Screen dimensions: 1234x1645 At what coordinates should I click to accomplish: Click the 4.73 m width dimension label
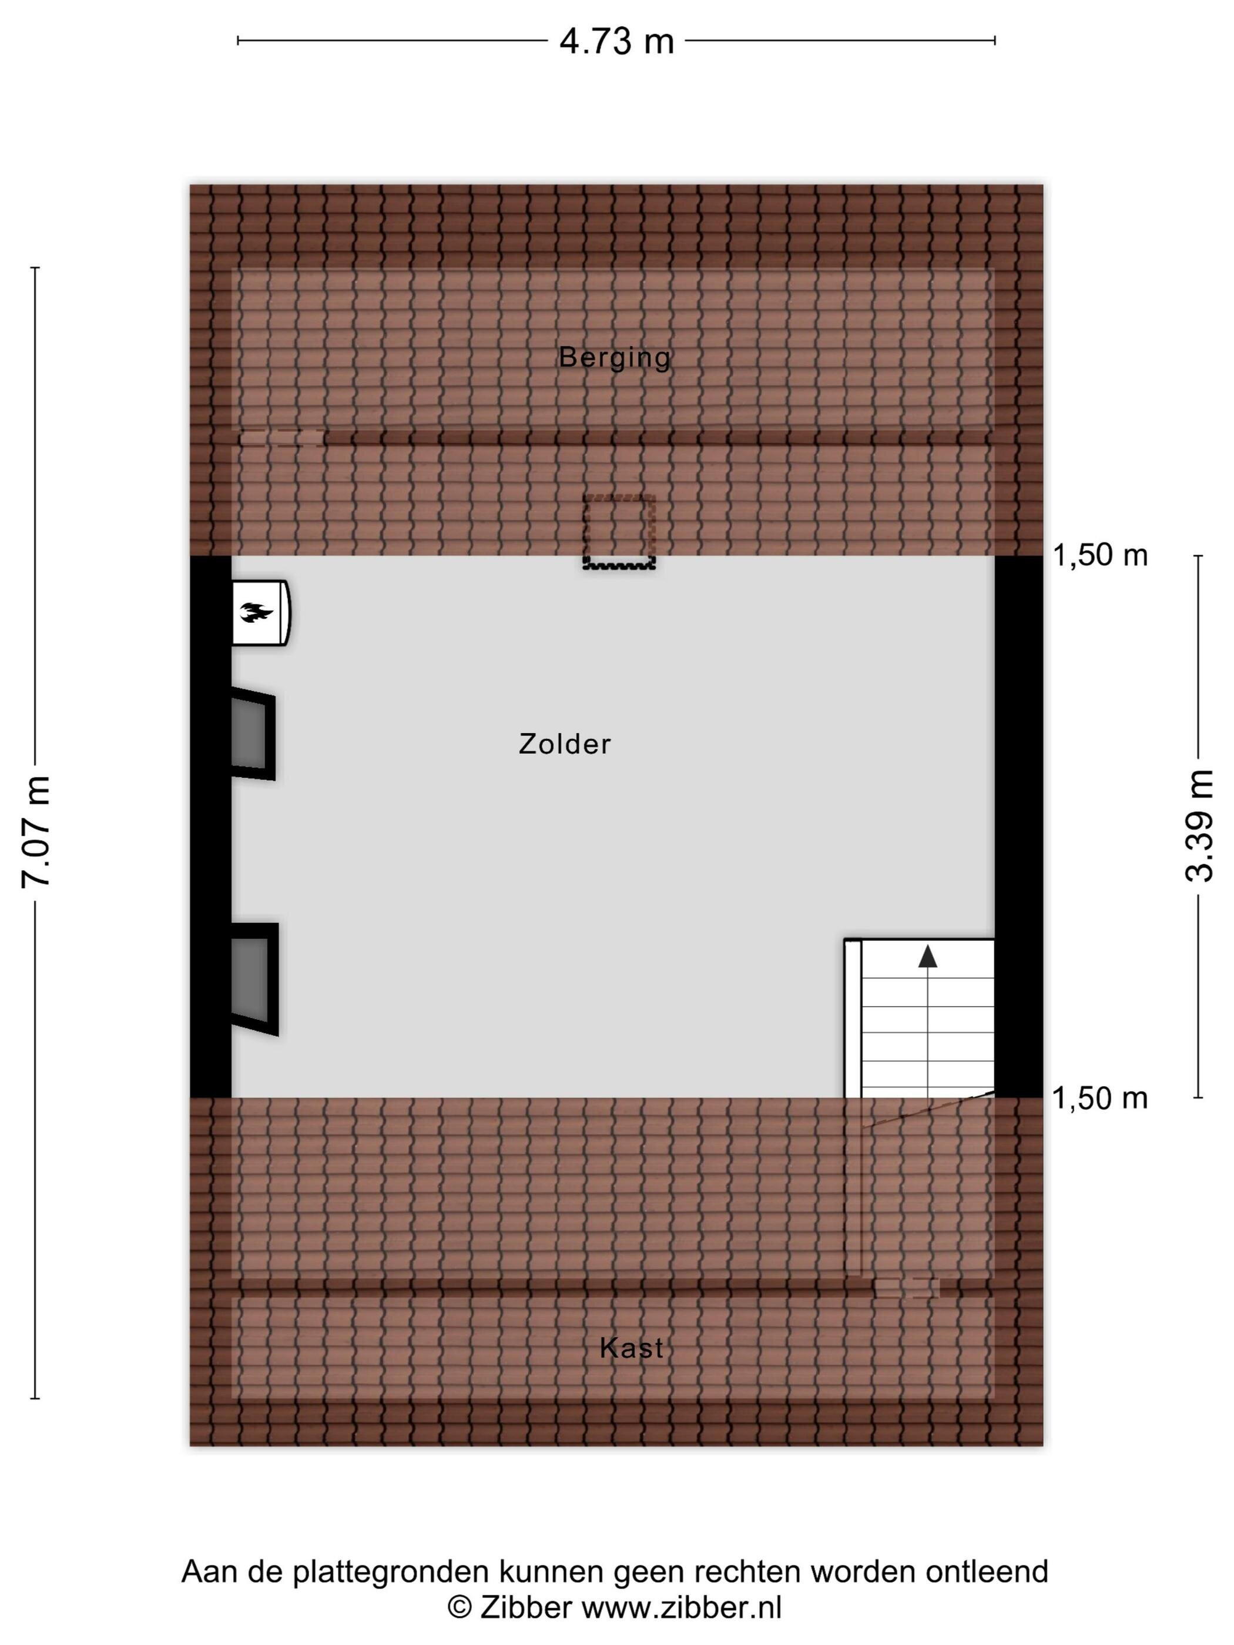coord(616,42)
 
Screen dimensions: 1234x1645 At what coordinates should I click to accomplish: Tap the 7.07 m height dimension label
coord(36,831)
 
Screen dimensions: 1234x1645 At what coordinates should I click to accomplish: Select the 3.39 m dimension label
coord(1198,825)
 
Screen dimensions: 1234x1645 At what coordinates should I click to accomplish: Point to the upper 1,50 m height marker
coord(1099,555)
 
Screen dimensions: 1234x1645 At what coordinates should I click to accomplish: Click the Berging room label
coord(615,358)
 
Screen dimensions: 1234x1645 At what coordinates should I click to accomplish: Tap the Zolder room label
coord(565,744)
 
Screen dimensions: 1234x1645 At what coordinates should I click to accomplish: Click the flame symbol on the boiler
coord(256,612)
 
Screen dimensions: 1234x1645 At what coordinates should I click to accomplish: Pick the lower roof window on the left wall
coord(254,979)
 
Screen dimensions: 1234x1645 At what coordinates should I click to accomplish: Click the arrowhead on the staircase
coord(927,956)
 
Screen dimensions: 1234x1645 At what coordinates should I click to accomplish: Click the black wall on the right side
coord(1018,825)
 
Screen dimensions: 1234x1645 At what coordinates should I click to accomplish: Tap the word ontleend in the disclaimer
coord(987,1572)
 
